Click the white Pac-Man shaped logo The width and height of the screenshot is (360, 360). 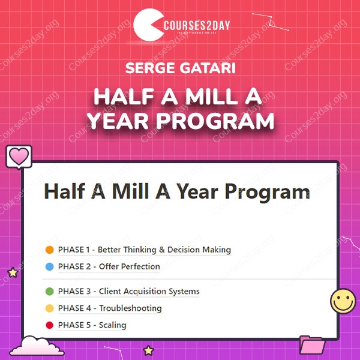tap(147, 25)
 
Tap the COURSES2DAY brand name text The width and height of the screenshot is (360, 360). tap(197, 25)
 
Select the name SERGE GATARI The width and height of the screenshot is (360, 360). tap(181, 68)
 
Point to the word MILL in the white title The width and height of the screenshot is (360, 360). tap(212, 97)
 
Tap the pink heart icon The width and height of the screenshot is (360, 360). tap(19, 157)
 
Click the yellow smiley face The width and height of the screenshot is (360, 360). tap(343, 301)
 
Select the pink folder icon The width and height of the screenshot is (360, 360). tap(312, 344)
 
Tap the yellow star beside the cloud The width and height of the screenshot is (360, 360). tap(148, 350)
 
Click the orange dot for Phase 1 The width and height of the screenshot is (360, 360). tap(50, 250)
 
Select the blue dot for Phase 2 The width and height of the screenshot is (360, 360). tap(50, 266)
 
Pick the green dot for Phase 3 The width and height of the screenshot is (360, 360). tap(50, 292)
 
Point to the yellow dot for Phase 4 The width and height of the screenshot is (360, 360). tap(50, 308)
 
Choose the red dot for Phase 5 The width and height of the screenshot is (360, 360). tap(50, 325)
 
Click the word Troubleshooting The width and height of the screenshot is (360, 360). tap(130, 308)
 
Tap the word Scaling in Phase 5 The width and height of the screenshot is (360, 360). tap(113, 325)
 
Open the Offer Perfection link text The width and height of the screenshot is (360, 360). tap(130, 266)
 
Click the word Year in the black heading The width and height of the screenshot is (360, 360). tap(197, 192)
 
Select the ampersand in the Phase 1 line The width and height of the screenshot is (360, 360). tap(162, 250)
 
